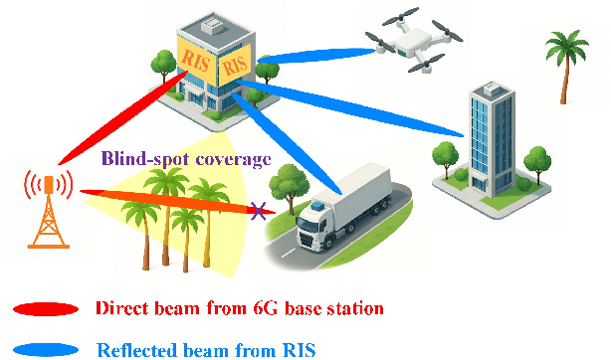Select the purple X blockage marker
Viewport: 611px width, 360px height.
(x=262, y=211)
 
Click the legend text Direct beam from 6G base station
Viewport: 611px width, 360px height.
(x=240, y=308)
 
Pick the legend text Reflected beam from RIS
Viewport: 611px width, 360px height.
(x=210, y=348)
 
